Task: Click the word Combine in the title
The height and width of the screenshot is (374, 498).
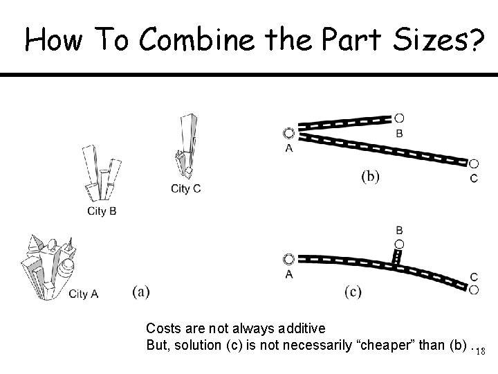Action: (x=196, y=39)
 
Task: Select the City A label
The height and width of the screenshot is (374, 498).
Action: (x=84, y=294)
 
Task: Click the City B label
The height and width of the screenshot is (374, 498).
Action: (x=102, y=211)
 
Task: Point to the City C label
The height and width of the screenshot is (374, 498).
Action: (x=186, y=188)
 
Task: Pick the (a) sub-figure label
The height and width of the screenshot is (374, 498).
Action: (x=141, y=292)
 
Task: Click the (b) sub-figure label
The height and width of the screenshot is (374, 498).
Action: (x=370, y=176)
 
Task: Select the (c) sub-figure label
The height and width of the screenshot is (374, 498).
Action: (x=353, y=292)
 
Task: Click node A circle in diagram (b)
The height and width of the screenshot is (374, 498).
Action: (x=288, y=133)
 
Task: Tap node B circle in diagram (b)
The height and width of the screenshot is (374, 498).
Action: (x=399, y=118)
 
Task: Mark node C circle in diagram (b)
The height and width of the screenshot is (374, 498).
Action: (x=474, y=163)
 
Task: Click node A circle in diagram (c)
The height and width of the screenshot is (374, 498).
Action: (x=288, y=259)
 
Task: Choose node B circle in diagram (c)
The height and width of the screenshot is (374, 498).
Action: (x=399, y=244)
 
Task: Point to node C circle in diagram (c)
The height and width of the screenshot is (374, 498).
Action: (x=474, y=290)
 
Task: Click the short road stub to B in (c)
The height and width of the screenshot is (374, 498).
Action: (x=397, y=257)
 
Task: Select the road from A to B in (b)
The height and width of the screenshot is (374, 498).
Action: (x=344, y=123)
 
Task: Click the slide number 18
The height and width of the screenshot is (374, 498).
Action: (x=481, y=351)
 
